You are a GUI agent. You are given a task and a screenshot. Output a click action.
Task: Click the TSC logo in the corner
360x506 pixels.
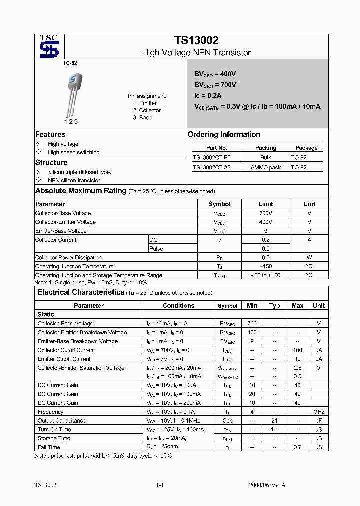[49, 46]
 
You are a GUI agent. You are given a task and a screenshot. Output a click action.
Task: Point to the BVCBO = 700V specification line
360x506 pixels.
[215, 85]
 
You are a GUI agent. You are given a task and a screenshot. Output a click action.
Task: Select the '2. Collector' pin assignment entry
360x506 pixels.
[147, 110]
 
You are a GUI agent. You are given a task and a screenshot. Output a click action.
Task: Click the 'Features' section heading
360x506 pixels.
[50, 134]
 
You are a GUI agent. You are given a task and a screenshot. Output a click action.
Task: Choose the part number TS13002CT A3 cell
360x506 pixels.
[212, 167]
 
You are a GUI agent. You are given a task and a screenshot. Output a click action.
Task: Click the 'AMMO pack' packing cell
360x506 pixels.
[265, 167]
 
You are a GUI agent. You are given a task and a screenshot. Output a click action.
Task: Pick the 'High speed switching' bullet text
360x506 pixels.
[73, 152]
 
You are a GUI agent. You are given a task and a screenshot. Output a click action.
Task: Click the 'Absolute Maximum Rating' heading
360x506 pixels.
[80, 191]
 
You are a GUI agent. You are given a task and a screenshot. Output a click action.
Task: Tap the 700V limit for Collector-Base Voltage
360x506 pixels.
[265, 213]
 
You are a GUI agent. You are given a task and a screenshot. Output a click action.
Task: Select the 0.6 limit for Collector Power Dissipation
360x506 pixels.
[265, 257]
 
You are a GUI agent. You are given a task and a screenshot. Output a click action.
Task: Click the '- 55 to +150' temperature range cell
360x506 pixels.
[265, 275]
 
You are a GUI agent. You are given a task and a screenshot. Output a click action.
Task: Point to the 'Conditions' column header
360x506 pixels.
[178, 305]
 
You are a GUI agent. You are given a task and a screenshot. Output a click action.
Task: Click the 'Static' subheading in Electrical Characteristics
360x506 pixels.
[46, 314]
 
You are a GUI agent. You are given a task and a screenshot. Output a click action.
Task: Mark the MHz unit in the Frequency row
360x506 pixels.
[318, 412]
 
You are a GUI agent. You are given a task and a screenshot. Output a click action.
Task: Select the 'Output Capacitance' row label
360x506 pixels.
[61, 421]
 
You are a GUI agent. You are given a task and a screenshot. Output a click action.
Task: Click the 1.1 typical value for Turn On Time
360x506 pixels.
[274, 429]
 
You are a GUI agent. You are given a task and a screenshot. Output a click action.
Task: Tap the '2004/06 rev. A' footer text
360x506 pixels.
[267, 485]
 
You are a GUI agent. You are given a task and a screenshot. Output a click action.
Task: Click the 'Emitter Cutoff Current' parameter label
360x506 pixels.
[64, 359]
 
